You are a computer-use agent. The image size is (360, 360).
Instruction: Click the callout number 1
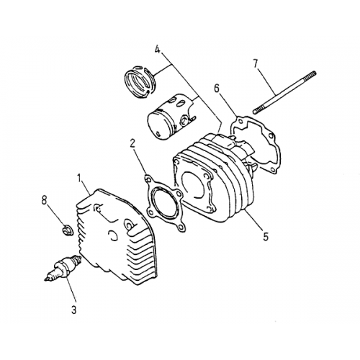click(81, 176)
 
